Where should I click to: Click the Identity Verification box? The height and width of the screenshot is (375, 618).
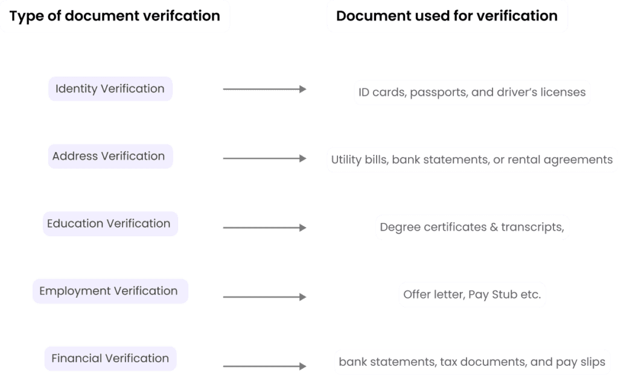point(110,89)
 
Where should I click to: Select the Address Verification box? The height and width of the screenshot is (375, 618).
point(109,156)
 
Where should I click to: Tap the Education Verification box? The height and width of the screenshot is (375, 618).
point(109,223)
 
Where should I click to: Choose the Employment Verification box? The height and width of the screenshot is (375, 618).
point(109,291)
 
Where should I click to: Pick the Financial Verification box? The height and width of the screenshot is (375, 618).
point(110,358)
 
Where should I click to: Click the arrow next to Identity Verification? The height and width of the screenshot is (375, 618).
point(264,89)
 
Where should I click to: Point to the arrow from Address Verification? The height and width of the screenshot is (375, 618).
point(264,159)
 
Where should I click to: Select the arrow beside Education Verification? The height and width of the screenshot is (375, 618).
point(264,228)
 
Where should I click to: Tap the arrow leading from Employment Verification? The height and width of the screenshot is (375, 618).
point(264,297)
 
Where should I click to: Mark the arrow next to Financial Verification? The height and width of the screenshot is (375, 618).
point(264,366)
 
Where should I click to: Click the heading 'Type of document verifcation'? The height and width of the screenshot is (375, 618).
point(115,16)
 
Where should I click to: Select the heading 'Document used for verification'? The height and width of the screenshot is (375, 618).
point(447,16)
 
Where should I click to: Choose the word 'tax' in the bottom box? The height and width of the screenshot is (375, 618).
point(448,362)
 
